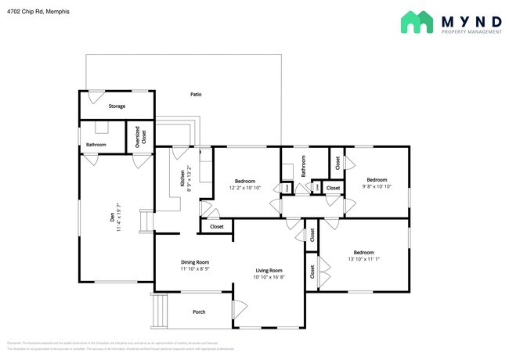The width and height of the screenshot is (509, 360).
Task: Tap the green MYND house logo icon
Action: point(416,22)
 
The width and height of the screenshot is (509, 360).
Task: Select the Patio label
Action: point(196,95)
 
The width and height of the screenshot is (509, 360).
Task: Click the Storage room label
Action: point(117,106)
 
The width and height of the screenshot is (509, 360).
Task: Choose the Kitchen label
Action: point(183,178)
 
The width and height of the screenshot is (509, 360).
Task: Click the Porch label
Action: point(199,311)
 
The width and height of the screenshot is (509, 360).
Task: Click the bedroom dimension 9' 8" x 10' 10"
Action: point(376,187)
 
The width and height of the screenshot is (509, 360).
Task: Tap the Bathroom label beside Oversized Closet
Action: point(96,145)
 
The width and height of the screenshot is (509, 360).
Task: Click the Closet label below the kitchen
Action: point(217,227)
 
